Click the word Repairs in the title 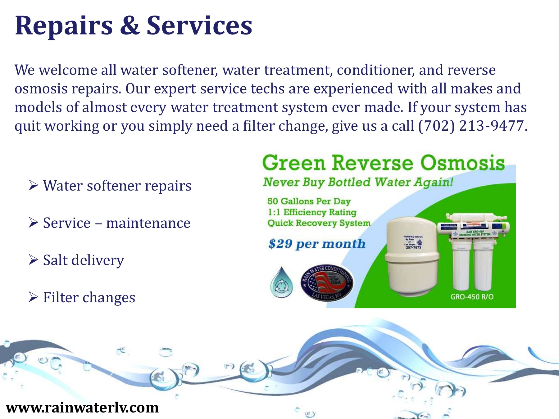[64, 26]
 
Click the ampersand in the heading [130, 25]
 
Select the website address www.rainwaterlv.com [83, 408]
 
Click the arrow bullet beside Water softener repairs [33, 185]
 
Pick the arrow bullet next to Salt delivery [33, 260]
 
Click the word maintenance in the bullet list [148, 223]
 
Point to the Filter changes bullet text [89, 297]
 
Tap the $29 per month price [317, 244]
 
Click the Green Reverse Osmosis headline [384, 163]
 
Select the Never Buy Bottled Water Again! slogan [358, 182]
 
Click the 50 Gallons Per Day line [309, 201]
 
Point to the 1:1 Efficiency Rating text [312, 212]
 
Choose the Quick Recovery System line [319, 223]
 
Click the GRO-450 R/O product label [472, 297]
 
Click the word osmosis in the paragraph [41, 89]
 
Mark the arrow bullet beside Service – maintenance [33, 223]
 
